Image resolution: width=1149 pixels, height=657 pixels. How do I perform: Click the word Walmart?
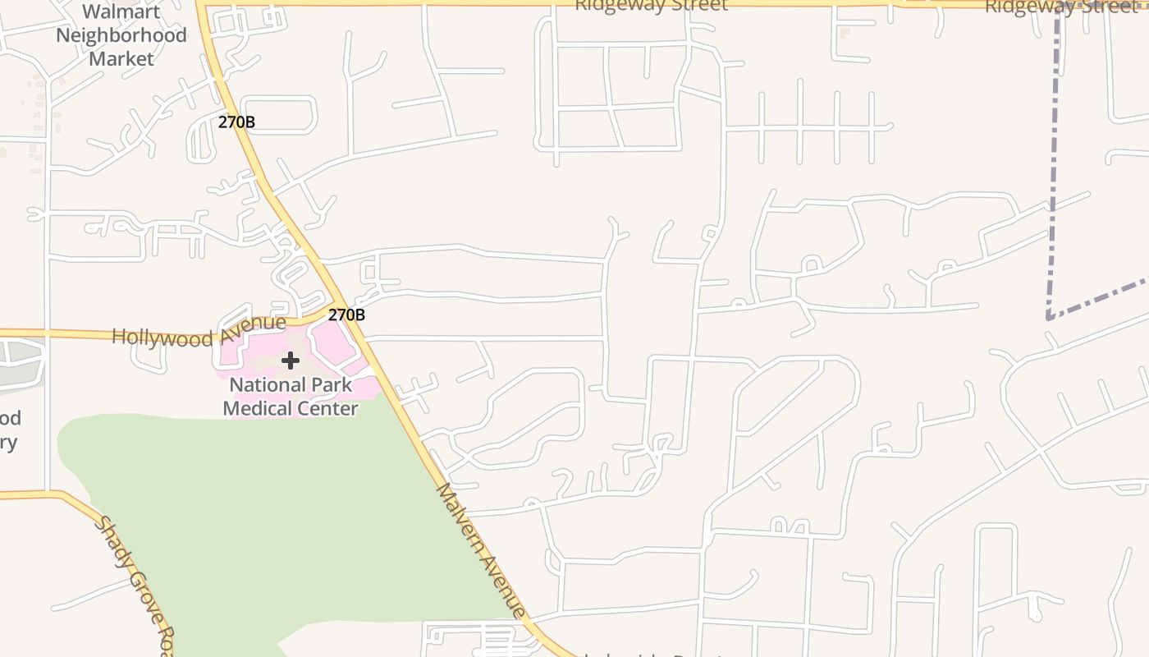121,12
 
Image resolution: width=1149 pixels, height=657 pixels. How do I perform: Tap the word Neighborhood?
121,35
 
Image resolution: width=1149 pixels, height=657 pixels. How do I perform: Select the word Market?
121,59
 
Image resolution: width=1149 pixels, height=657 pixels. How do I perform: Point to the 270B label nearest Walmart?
236,122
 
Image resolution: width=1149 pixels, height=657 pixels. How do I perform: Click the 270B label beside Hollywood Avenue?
346,315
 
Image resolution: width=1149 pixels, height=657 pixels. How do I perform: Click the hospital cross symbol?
290,360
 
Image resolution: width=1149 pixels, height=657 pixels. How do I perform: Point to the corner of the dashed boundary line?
1049,317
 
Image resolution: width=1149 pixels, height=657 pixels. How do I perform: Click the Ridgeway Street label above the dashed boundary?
1059,7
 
